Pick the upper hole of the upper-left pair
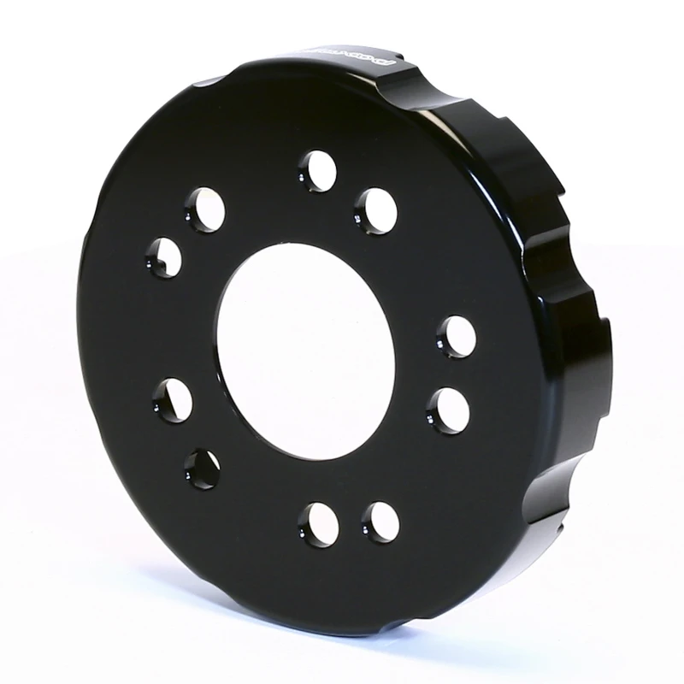[206, 208]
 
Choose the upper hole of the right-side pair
[455, 336]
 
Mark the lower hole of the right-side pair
[447, 409]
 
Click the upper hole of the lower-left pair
[173, 399]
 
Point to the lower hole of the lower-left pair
[202, 469]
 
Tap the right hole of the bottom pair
[379, 520]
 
